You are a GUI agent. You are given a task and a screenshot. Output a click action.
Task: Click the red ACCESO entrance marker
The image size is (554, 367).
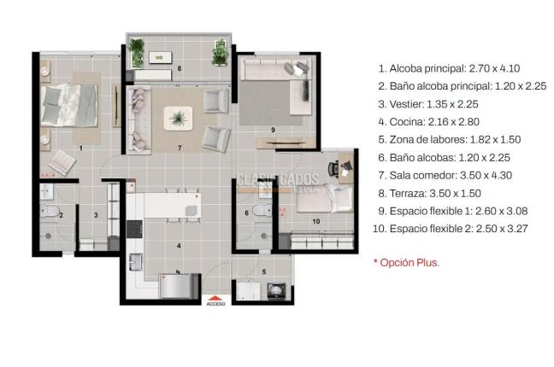click(x=215, y=300)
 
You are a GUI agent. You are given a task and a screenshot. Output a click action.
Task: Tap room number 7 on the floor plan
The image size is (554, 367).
click(x=180, y=148)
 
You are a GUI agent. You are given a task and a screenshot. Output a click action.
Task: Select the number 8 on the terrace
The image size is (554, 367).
click(x=180, y=67)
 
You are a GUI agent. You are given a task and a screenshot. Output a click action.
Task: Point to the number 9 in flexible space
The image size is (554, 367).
click(x=272, y=130)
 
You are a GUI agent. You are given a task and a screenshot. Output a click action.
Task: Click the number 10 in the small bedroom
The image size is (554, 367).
click(x=315, y=222)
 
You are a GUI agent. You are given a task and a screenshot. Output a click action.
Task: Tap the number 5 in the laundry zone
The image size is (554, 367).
click(x=263, y=272)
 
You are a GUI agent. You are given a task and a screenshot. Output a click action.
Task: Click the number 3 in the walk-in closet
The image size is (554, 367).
click(x=96, y=215)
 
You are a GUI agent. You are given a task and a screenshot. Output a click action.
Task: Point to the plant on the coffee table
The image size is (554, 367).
click(x=180, y=117)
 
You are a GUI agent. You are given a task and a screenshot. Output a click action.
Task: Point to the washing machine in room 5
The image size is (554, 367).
click(x=276, y=291)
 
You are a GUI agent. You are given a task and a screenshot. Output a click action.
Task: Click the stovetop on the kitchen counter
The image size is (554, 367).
click(x=133, y=229)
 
